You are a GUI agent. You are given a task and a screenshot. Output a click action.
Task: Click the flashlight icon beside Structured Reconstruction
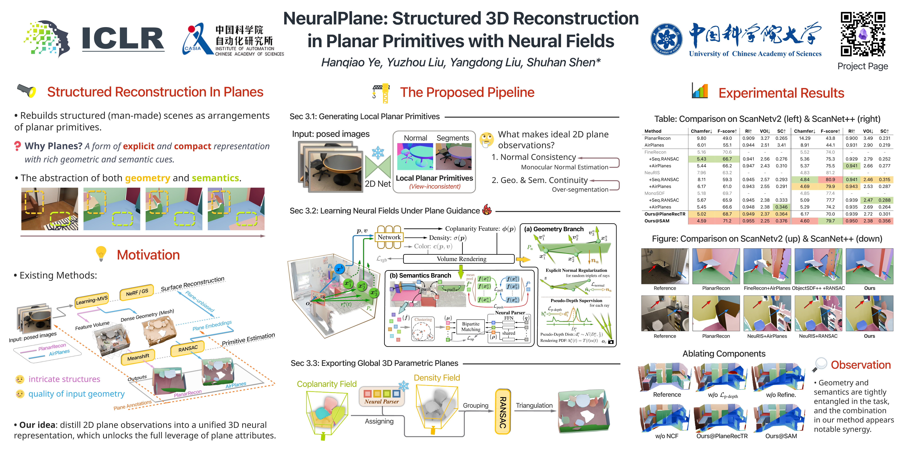(26, 91)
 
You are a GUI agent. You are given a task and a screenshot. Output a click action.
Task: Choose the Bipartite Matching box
(470, 326)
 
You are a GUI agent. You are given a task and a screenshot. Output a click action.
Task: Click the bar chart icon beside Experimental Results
(700, 91)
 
